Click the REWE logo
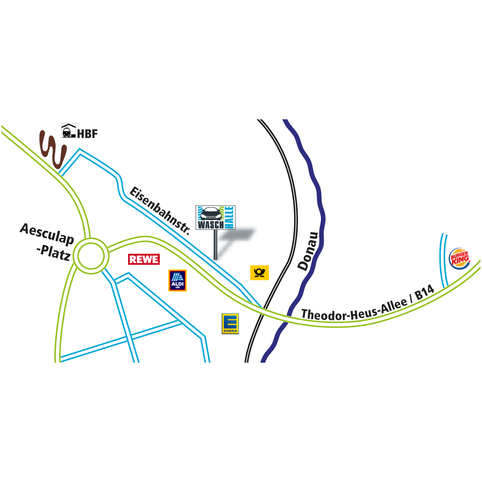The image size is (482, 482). (x=144, y=259)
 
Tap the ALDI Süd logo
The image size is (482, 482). (x=178, y=280)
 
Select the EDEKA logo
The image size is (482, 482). (x=230, y=324)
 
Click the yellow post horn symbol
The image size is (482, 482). (x=259, y=273)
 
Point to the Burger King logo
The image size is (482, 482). (x=460, y=259)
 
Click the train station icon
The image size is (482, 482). (x=68, y=131)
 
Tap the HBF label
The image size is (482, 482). (x=88, y=134)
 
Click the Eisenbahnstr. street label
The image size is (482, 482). (x=159, y=210)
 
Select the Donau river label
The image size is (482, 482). (x=308, y=251)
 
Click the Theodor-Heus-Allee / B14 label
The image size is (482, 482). (x=368, y=304)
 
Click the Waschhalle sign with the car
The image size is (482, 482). (x=216, y=217)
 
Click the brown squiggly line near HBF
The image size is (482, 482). (x=52, y=149)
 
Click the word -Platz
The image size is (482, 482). (x=53, y=252)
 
